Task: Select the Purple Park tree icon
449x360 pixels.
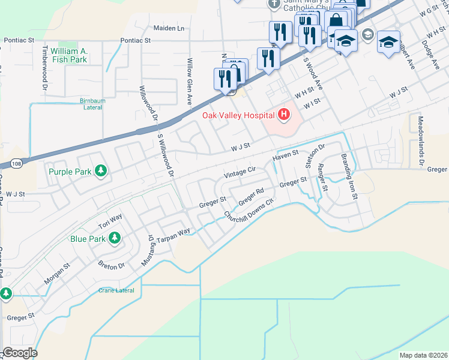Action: [101, 172]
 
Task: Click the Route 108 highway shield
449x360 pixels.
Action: [16, 163]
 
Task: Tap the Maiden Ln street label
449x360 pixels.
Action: [169, 28]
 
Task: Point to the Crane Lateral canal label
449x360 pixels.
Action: [116, 290]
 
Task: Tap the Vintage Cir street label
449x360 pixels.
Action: [240, 172]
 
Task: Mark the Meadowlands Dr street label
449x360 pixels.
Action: [421, 144]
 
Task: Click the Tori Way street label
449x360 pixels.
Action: [110, 221]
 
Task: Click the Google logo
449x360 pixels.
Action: [19, 353]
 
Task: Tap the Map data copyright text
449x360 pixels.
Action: [424, 355]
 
